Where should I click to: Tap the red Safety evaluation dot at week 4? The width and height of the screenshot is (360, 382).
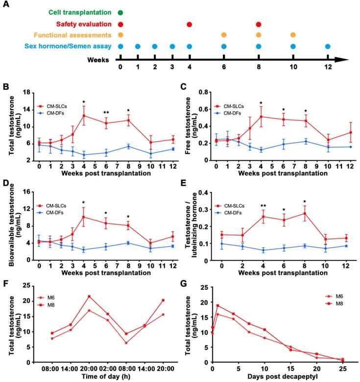(x=190, y=24)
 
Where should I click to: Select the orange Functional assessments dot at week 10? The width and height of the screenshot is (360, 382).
(x=293, y=35)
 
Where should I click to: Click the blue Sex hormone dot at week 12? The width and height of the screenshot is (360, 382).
(x=328, y=47)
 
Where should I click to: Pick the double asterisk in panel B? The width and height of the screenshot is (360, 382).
(x=106, y=113)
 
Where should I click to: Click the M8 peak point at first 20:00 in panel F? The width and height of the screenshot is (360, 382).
(x=89, y=296)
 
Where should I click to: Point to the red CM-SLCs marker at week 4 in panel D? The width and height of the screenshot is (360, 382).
(x=84, y=216)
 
